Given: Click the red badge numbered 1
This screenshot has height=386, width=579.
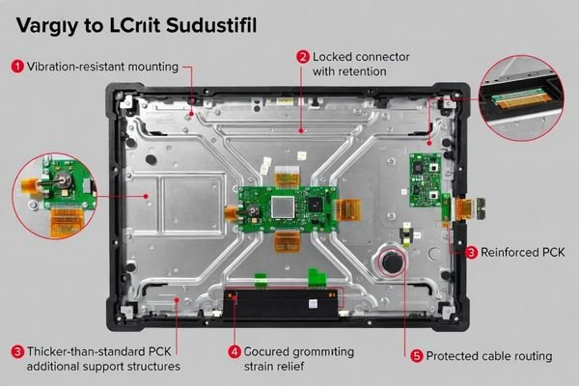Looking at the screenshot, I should pos(17,67).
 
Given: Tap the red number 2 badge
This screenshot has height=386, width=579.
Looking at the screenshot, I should pos(302,57).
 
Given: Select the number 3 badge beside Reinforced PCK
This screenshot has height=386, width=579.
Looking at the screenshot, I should pos(471,252).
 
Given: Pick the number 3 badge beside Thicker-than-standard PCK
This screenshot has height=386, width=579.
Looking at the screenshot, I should pos(17,350).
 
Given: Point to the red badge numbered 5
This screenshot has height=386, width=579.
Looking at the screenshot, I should pos(417,355).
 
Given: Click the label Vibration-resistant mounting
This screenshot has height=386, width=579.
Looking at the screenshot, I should pos(102,67).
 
